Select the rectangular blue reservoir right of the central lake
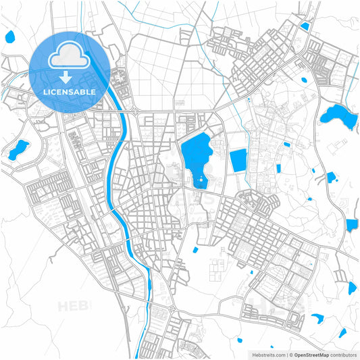click(238, 161)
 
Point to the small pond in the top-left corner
click(10, 36)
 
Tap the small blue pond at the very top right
click(305, 26)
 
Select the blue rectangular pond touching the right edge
click(352, 225)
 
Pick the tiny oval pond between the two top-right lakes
click(303, 79)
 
